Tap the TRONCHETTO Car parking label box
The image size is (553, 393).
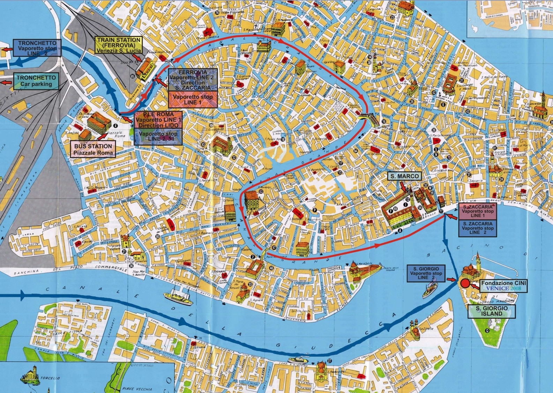(35, 81)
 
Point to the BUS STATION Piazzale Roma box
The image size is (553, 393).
(93, 149)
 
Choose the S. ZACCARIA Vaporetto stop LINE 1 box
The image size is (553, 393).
(477, 211)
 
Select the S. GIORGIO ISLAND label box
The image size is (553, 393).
(492, 311)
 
